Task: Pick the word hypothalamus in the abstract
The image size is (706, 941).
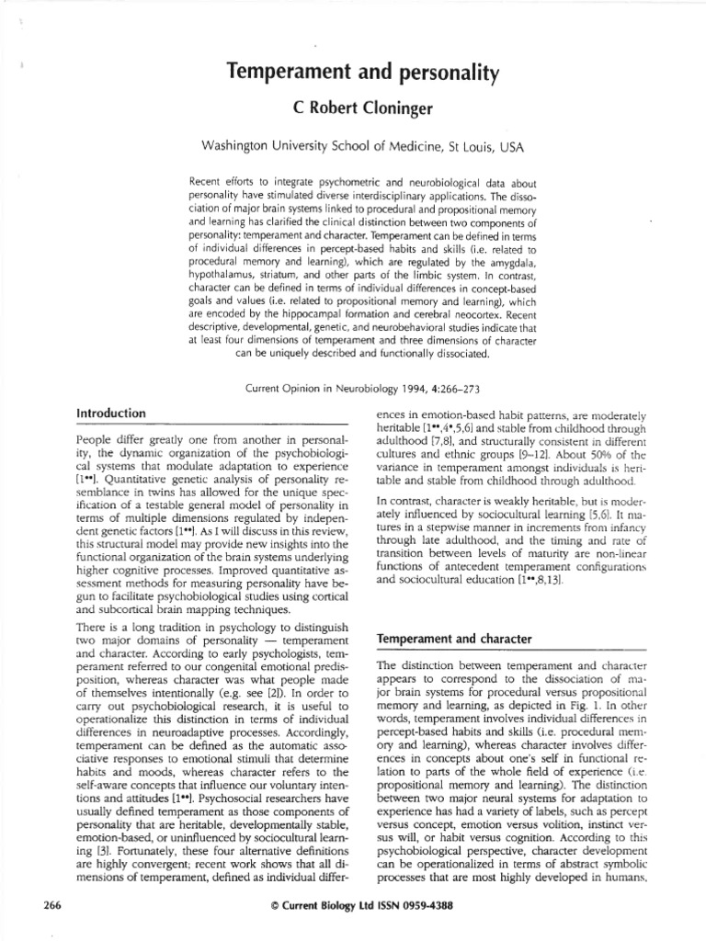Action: (x=227, y=287)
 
